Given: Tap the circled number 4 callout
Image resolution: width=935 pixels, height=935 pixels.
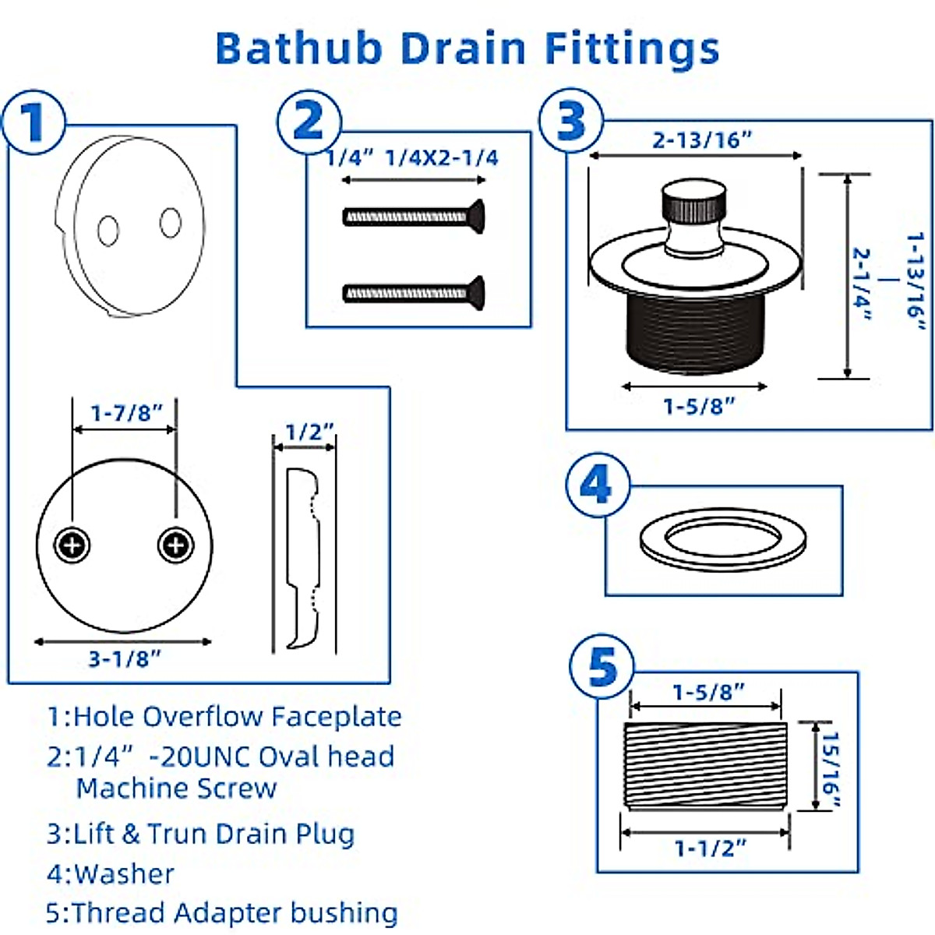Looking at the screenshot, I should [x=597, y=486].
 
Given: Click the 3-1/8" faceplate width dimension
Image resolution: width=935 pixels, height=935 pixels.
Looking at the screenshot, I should [x=124, y=659].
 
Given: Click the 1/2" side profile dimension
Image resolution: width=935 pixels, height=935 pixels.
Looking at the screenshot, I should [x=309, y=432].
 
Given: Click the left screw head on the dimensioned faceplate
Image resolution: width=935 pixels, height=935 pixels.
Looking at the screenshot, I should [x=72, y=545].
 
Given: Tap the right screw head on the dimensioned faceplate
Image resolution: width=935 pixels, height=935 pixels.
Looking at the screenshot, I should [x=175, y=545].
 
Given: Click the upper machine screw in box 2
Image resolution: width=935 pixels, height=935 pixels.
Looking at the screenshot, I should [x=414, y=216].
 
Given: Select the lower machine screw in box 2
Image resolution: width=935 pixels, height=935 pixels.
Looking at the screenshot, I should [x=414, y=292].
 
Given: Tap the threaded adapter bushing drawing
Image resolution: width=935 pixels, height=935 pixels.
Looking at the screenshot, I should [x=705, y=767].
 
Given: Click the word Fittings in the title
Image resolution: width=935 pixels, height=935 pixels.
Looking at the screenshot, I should [x=631, y=48].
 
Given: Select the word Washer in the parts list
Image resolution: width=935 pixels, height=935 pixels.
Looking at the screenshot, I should [x=125, y=873].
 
